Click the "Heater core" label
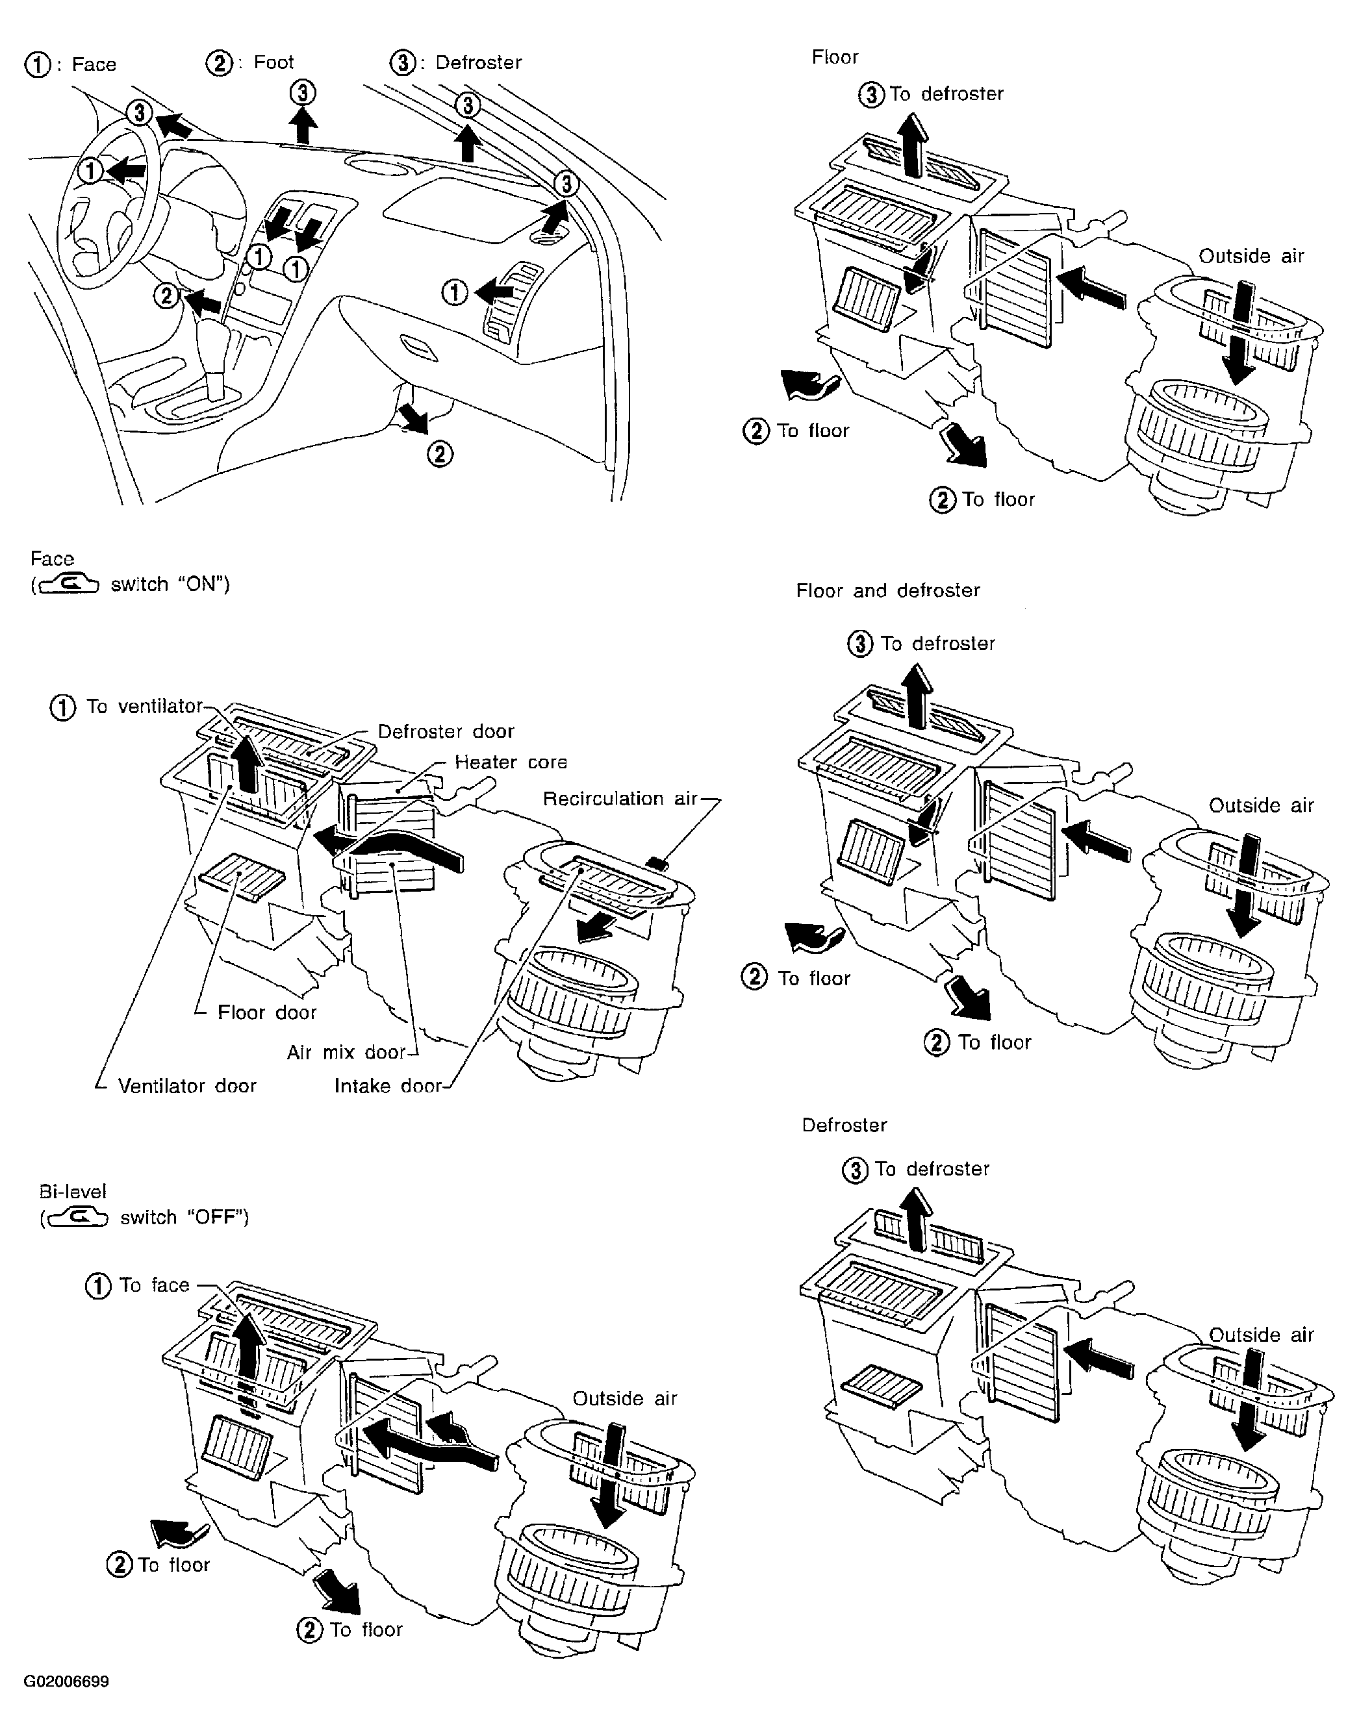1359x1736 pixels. point(511,762)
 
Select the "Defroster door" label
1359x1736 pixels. point(446,731)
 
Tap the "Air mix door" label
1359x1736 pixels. point(346,1053)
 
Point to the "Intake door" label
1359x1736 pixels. point(387,1086)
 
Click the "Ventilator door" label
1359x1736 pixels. point(187,1086)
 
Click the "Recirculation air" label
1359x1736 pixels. point(620,799)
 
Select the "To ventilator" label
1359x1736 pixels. point(144,707)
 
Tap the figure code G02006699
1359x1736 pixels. point(66,1682)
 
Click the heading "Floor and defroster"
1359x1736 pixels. point(888,590)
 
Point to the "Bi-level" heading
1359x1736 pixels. point(72,1192)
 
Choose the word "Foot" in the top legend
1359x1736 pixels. point(273,62)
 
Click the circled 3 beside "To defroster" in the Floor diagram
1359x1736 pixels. point(871,95)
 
